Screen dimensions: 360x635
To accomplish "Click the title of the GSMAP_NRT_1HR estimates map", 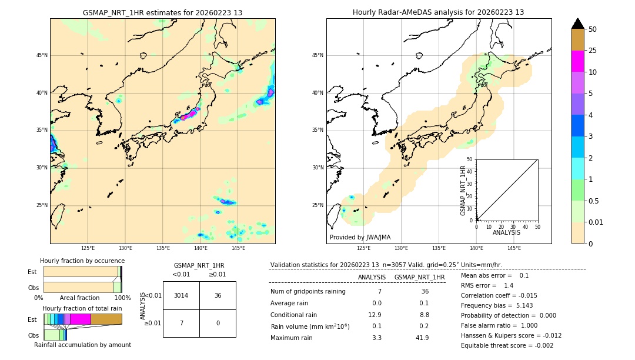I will (162, 12).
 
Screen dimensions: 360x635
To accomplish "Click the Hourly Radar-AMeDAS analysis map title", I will (438, 12).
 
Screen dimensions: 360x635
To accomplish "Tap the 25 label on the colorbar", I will (593, 51).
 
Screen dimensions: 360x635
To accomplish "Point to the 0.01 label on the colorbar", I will (596, 222).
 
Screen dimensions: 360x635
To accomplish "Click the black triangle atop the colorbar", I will (577, 24).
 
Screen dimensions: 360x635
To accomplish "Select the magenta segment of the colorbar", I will (577, 61).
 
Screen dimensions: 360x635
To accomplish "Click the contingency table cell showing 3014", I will (181, 295).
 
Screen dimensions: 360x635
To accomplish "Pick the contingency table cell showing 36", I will (218, 295).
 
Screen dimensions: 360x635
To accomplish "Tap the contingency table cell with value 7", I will (181, 323).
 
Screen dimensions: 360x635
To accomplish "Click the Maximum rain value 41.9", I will (422, 338).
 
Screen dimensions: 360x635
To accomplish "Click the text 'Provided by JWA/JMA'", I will (360, 237).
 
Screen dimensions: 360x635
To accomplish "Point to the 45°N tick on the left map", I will (42, 55).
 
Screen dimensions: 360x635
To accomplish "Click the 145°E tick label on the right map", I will (514, 248).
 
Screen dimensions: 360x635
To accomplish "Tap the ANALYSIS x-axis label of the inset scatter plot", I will (506, 232).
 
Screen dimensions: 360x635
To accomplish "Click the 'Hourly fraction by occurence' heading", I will (82, 261).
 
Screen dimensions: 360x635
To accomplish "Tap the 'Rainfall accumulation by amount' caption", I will (82, 345).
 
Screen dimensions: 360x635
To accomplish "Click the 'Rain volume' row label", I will (310, 326).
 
